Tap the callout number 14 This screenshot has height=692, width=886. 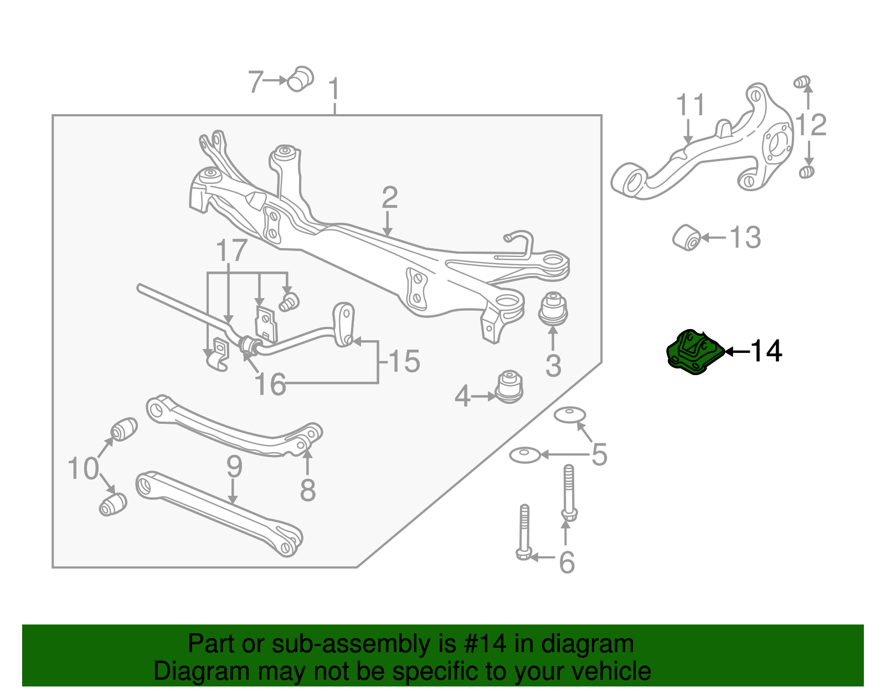tap(766, 351)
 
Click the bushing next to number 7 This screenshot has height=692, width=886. tap(300, 79)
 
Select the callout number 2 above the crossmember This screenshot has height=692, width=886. tap(390, 198)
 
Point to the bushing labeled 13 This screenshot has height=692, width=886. tap(687, 238)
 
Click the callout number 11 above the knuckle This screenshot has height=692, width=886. tap(691, 105)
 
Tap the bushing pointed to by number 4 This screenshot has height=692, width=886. tap(509, 387)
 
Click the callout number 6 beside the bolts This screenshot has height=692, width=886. tap(567, 562)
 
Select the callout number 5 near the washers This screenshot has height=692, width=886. tap(599, 454)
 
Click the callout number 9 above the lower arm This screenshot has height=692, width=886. tap(234, 467)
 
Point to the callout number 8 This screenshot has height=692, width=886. tap(308, 490)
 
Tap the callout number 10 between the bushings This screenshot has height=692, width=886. tap(83, 468)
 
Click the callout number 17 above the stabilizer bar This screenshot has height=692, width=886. tap(231, 251)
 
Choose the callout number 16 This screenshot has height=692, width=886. tap(270, 384)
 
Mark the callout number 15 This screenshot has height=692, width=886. tap(405, 361)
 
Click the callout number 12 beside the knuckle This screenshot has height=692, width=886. tap(811, 125)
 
